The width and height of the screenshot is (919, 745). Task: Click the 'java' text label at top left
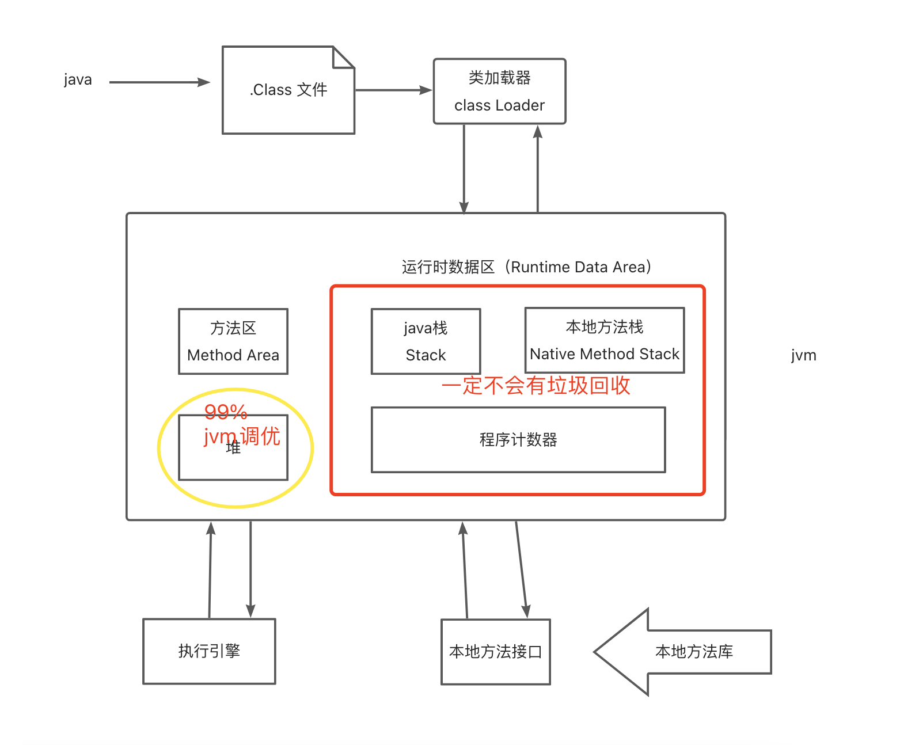point(78,79)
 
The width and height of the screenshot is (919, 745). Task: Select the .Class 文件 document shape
point(288,90)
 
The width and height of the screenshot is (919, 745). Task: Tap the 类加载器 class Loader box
point(499,91)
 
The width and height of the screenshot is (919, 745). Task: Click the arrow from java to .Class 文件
point(159,82)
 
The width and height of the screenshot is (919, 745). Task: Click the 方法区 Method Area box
point(233,341)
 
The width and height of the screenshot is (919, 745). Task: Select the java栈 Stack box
point(426,341)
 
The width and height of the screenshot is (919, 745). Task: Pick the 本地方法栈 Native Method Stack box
point(604,340)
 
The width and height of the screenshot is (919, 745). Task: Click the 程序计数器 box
point(518,440)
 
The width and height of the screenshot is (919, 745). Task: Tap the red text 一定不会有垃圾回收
point(536,386)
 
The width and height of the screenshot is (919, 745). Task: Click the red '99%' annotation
point(226,412)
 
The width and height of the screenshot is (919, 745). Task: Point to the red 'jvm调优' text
point(242,436)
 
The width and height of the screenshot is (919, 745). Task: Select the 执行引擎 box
point(209,651)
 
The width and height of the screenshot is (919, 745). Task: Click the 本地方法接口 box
point(495,652)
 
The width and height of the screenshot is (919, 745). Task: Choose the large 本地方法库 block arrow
point(685,652)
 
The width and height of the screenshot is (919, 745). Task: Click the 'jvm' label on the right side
point(803,355)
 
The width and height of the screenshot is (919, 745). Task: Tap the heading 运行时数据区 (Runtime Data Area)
point(526,267)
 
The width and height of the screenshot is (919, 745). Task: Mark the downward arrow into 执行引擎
point(250,570)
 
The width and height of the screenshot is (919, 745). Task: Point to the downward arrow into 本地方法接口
point(521,570)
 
